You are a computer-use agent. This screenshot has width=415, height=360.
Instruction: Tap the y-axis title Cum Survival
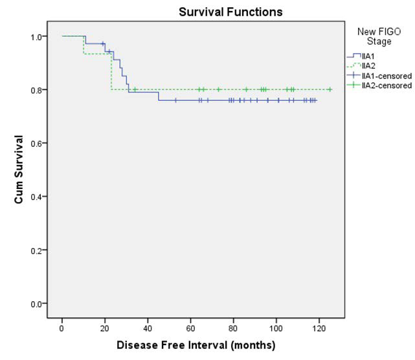tap(19, 170)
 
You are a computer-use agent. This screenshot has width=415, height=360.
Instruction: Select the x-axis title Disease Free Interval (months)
tap(196, 345)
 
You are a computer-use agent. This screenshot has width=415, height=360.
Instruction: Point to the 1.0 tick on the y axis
tap(37, 36)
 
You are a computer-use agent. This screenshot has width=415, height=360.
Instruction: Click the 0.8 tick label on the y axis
tap(37, 89)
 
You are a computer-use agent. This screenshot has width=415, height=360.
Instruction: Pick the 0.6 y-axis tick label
tap(37, 143)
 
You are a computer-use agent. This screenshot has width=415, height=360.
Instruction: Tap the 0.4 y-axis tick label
tap(37, 196)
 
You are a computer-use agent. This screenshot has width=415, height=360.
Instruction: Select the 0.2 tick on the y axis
tap(37, 250)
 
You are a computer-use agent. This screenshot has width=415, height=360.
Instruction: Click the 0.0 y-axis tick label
tap(37, 303)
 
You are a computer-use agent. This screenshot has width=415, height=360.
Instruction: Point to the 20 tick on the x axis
tap(105, 328)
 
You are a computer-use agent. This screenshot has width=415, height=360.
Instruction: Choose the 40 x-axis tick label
tap(148, 328)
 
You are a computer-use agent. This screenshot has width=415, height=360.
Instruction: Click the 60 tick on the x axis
tap(191, 328)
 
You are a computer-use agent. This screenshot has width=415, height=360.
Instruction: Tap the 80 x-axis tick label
tap(234, 328)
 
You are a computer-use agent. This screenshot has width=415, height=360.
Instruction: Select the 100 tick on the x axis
tap(276, 328)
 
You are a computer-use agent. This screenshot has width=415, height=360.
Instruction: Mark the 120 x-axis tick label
tap(319, 328)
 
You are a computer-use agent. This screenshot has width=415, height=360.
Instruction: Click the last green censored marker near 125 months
tap(330, 89)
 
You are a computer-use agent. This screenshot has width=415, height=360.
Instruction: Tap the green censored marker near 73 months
tap(219, 89)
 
